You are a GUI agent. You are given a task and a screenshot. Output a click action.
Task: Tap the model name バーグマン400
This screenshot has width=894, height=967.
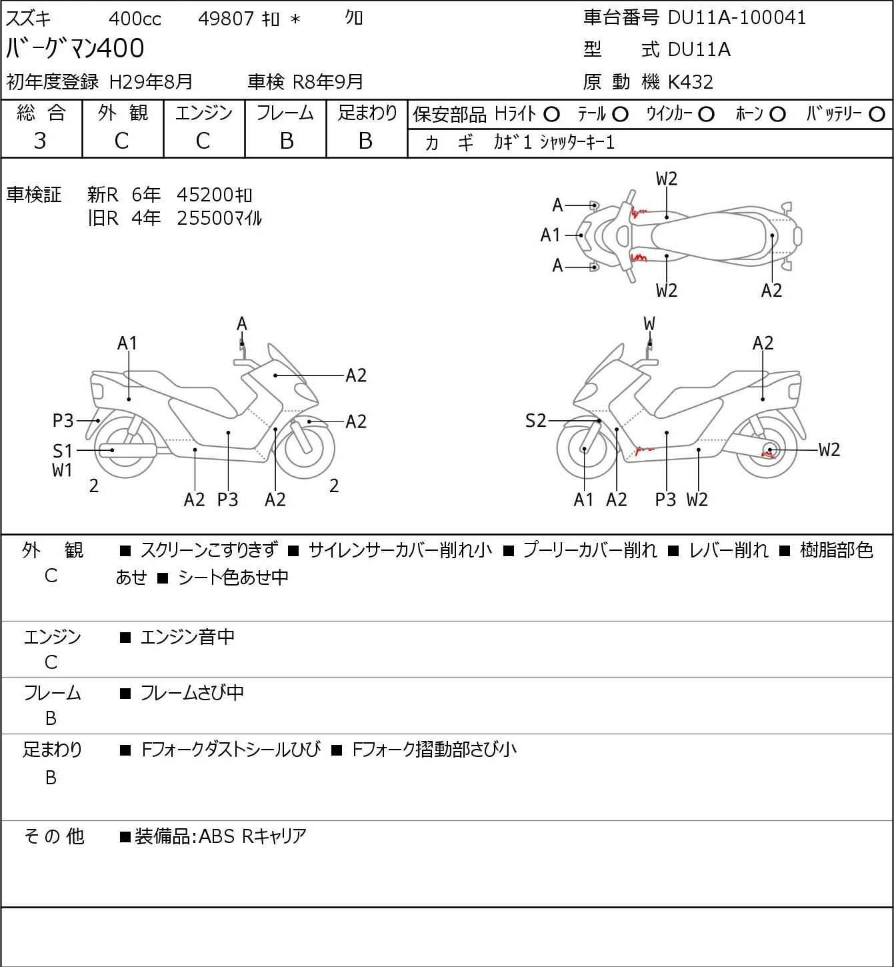point(75,49)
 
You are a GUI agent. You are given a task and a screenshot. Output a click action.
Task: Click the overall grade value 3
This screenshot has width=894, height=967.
point(40,141)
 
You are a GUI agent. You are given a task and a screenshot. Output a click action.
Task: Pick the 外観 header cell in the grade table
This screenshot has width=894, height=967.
point(123,113)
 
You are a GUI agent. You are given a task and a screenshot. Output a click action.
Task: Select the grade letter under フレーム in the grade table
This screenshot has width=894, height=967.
point(286,141)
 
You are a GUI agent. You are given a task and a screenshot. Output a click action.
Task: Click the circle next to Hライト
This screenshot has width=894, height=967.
point(551,115)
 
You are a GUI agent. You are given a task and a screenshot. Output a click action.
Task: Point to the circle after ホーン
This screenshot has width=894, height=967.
point(777,115)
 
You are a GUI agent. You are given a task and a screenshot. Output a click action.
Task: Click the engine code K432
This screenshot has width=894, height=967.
point(691,82)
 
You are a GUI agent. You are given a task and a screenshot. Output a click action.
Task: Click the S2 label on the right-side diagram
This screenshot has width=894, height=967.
point(536,421)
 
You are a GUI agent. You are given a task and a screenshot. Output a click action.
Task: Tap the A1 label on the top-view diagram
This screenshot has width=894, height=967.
point(551,235)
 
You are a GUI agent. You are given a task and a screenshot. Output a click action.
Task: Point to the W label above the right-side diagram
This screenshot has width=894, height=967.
point(649,324)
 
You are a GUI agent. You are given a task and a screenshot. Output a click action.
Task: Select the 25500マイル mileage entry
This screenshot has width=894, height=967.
point(219,218)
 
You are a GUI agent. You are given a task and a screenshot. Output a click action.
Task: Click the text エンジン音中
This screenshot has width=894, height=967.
point(187,637)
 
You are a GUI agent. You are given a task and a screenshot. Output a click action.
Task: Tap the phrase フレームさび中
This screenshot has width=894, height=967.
point(192,693)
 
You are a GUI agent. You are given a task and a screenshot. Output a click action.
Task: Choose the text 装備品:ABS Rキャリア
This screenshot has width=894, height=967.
point(220,836)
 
